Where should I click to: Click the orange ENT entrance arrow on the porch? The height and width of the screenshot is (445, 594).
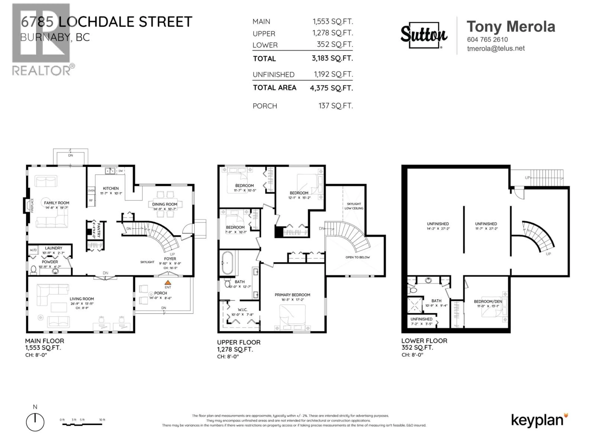tap(168, 282)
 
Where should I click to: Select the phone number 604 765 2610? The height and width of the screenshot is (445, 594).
tap(487, 39)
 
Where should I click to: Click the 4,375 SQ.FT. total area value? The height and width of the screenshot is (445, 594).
tap(331, 88)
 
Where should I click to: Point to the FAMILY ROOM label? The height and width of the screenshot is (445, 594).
tap(56, 203)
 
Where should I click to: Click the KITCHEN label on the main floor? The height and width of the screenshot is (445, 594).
tap(111, 188)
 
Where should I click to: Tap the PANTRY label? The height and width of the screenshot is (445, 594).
tap(98, 230)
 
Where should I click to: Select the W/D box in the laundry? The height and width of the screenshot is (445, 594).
tap(33, 250)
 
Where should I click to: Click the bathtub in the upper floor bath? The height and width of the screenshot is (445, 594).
tap(227, 263)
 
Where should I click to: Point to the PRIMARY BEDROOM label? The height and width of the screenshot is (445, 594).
tap(292, 295)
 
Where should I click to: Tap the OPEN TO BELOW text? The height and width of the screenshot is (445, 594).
tap(357, 257)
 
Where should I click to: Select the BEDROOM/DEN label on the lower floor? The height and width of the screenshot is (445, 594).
tap(488, 301)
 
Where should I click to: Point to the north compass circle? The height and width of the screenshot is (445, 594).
tap(35, 422)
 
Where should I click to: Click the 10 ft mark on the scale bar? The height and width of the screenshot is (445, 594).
tap(102, 420)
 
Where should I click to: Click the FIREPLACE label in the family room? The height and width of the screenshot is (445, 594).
tap(32, 206)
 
